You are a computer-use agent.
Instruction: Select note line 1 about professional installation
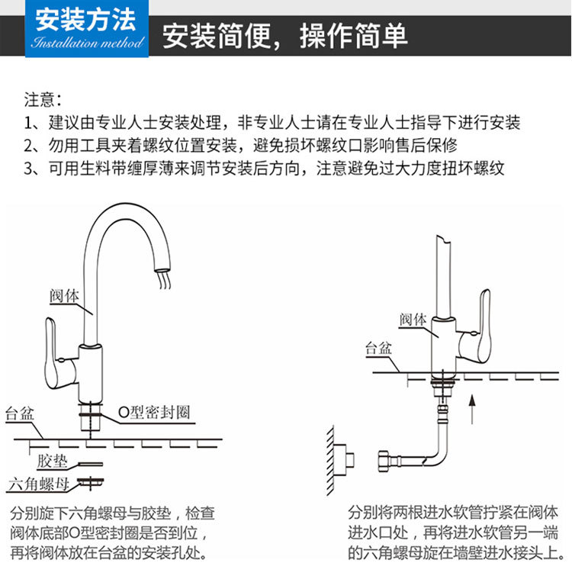(x=272, y=123)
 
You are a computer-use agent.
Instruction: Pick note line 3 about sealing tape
(x=264, y=169)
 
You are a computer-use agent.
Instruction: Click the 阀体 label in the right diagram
(x=413, y=318)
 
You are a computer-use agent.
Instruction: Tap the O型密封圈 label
(x=153, y=413)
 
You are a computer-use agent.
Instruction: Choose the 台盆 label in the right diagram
(x=378, y=349)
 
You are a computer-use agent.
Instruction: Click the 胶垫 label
(x=52, y=462)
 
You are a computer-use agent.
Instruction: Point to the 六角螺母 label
(x=38, y=483)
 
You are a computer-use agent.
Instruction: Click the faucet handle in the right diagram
(x=484, y=328)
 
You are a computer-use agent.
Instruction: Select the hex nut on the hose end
(x=386, y=462)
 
